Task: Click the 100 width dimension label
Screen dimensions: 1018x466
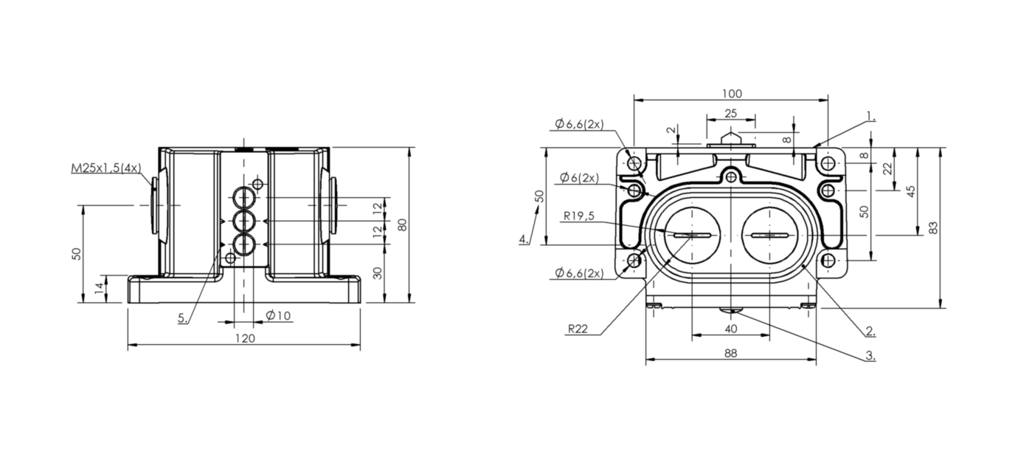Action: coord(732,94)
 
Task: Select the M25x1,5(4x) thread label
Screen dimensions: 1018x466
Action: coord(106,168)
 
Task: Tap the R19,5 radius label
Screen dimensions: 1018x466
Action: coord(579,216)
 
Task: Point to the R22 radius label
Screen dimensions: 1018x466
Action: coord(578,329)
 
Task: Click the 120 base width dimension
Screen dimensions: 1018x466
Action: coord(245,338)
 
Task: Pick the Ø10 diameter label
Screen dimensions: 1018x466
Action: coord(278,315)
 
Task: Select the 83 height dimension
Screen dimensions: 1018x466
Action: coord(933,227)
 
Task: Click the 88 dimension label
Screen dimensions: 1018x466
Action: coord(730,353)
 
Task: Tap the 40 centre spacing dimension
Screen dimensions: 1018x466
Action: coord(730,329)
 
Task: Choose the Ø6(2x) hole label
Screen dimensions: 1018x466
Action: coord(579,177)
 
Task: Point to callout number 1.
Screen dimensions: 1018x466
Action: coord(870,116)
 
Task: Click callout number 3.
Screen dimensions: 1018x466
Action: coord(870,355)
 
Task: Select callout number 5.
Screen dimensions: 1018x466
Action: coord(183,318)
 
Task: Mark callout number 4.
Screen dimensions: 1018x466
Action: coord(524,239)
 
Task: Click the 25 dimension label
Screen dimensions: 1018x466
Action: coord(731,113)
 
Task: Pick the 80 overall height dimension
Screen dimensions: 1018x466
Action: coord(402,225)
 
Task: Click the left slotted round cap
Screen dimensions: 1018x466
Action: coord(692,236)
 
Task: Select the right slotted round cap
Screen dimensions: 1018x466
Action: coord(769,236)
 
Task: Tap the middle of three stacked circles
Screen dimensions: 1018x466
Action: coord(244,221)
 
